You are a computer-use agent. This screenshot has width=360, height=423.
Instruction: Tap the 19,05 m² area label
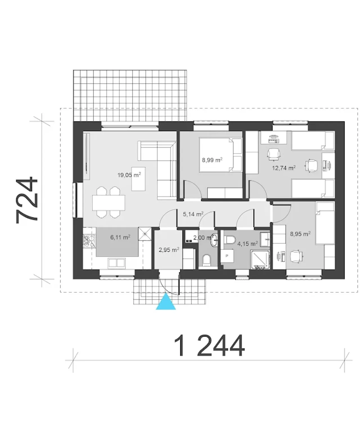click(129, 175)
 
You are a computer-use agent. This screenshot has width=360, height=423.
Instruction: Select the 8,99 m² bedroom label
click(212, 160)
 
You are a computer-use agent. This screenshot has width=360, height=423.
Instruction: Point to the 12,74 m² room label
click(284, 168)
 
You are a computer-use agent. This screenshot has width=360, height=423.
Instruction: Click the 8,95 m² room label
click(300, 234)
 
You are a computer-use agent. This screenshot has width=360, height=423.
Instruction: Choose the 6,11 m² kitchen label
click(120, 237)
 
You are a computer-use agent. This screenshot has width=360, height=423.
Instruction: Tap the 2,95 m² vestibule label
click(169, 250)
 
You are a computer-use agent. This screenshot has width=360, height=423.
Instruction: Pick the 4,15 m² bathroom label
click(247, 244)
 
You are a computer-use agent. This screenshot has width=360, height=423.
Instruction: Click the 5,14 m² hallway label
click(193, 214)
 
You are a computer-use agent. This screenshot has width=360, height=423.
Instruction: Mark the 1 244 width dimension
click(209, 346)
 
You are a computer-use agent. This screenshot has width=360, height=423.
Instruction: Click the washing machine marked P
click(227, 256)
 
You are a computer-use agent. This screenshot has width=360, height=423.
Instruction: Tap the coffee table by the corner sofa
click(138, 179)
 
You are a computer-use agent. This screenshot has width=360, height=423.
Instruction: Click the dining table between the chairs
click(108, 203)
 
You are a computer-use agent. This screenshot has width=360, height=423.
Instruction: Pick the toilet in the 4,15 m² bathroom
click(230, 240)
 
